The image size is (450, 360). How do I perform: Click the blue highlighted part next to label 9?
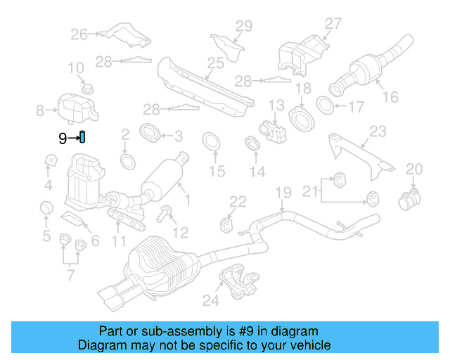click(82, 136)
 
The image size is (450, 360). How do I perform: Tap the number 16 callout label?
click(390, 96)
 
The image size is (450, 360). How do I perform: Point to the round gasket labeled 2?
click(127, 162)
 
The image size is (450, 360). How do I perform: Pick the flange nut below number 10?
click(87, 89)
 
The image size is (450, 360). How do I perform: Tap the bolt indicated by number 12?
click(163, 214)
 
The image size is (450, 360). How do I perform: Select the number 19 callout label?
click(282, 192)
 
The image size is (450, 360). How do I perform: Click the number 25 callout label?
click(215, 63)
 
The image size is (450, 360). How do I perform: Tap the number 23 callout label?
click(378, 131)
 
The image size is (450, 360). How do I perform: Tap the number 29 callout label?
click(243, 27)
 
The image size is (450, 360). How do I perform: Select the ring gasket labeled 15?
click(210, 141)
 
